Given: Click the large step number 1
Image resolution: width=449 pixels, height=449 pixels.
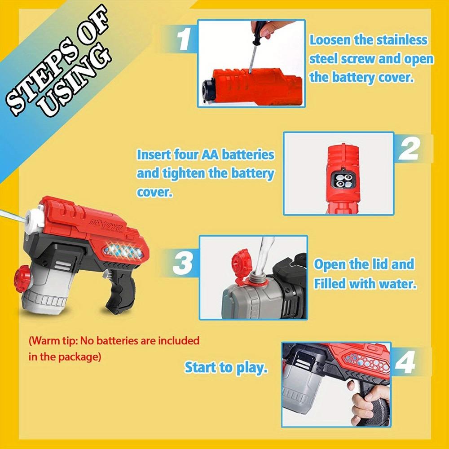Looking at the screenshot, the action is coord(184,39).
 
